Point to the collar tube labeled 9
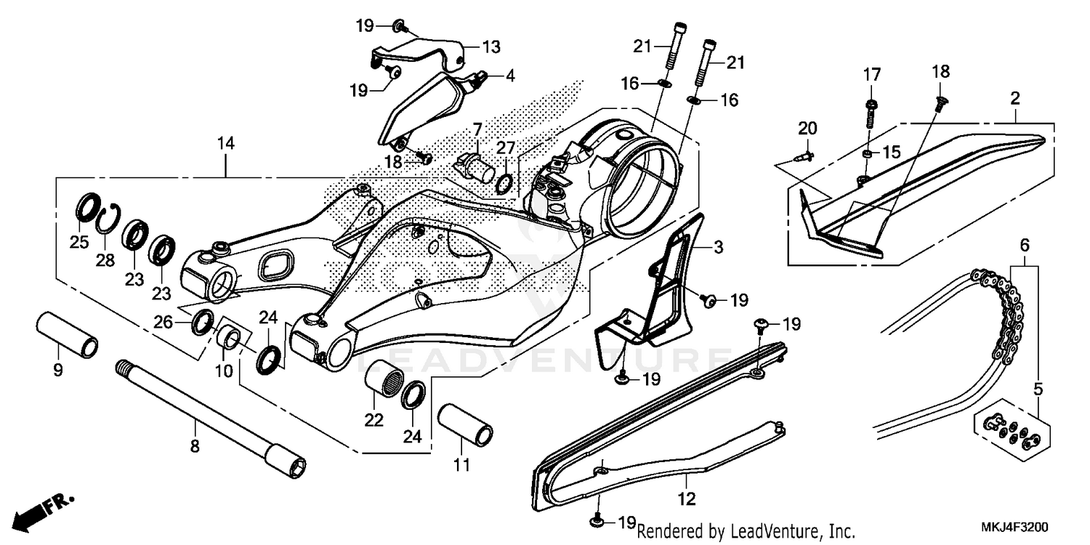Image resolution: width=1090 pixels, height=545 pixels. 68,334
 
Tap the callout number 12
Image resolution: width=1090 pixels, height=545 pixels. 687,499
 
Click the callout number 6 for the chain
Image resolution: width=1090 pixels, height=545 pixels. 1025,246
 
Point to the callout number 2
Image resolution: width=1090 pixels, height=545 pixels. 1015,98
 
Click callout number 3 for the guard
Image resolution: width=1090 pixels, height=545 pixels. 718,248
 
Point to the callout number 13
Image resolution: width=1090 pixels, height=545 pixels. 491,47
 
